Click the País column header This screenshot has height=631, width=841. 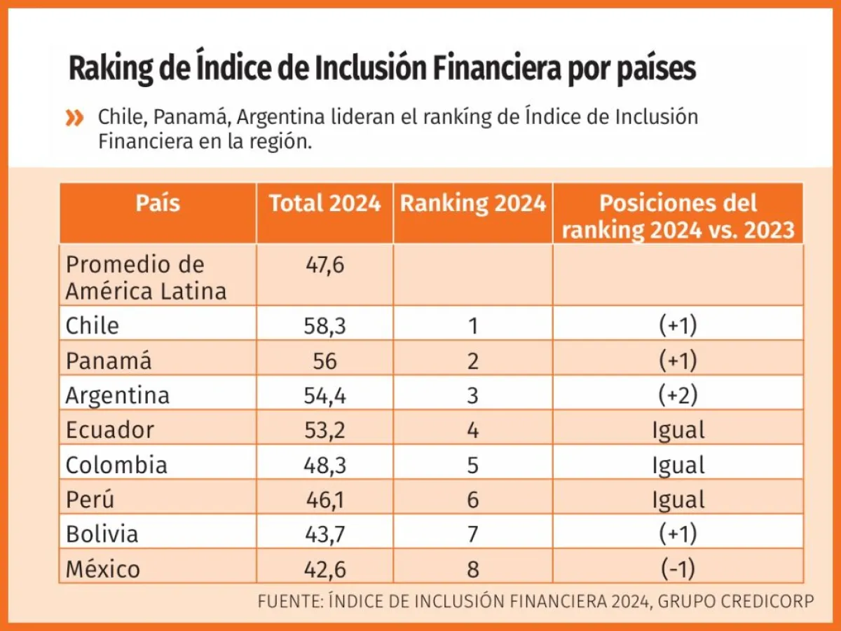point(158,204)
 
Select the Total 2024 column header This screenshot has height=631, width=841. point(324,204)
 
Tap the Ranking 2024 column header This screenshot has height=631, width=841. point(472,204)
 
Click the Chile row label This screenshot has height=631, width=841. point(93,325)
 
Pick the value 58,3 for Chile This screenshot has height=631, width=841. point(324,325)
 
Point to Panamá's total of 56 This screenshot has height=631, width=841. point(324,360)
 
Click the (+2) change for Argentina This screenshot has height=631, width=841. point(678,395)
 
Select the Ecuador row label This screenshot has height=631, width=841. point(109,430)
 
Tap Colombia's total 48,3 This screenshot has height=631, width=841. point(324,465)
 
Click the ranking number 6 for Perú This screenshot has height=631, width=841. point(473,500)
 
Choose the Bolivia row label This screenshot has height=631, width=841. point(102,534)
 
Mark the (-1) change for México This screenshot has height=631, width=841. point(678,569)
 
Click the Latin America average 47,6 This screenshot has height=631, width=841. point(324,265)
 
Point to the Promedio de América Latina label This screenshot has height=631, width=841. point(146,278)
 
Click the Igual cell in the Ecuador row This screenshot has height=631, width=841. point(678,430)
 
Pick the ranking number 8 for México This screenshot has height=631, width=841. point(473,569)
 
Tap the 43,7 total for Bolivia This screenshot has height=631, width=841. point(324,534)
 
